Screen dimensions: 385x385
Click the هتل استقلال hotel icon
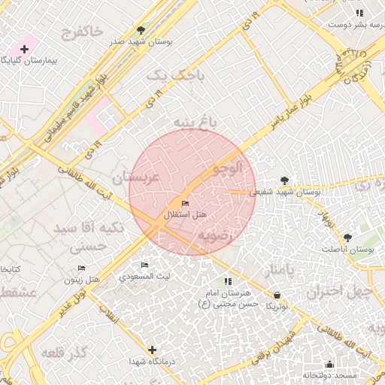(185, 204)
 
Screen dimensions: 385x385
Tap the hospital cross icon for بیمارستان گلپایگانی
(24, 49)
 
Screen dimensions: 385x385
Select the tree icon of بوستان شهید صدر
(141, 31)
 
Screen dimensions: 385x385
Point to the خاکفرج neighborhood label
(82, 33)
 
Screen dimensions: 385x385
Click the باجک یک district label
(165, 75)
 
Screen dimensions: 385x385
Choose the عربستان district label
(135, 177)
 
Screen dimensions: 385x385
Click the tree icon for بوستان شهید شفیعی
(283, 180)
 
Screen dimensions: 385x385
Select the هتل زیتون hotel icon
(81, 268)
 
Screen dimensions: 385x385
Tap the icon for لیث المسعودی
(145, 265)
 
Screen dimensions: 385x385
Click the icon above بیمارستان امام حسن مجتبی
(229, 281)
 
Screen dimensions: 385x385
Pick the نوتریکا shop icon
(278, 295)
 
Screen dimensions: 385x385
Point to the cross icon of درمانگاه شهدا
(153, 350)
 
